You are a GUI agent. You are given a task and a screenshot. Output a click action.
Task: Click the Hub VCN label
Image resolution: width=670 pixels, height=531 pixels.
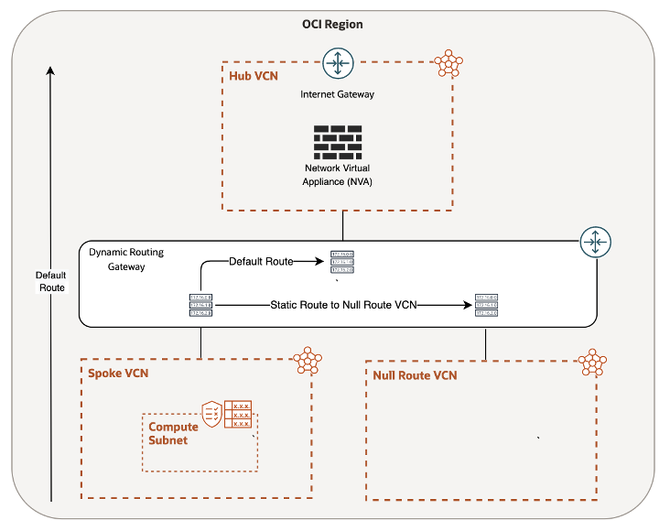[x=254, y=76]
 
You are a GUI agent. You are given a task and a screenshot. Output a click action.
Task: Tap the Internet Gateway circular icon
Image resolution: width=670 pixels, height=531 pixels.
[x=338, y=66]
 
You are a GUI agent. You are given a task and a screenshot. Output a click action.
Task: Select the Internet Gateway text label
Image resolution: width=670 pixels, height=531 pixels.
[x=338, y=94]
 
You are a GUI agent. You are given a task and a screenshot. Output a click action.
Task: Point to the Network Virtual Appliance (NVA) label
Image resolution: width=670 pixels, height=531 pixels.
[x=338, y=175]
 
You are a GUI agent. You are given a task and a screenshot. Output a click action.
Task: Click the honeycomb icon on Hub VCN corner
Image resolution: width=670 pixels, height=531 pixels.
[x=448, y=64]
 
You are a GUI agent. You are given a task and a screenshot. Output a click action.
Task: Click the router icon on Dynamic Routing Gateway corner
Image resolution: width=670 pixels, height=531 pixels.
[x=595, y=243]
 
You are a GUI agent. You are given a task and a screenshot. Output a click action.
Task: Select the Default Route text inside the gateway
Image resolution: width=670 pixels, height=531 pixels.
[x=260, y=262]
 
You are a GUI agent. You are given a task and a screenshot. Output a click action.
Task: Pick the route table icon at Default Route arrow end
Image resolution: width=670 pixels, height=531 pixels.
[x=342, y=262]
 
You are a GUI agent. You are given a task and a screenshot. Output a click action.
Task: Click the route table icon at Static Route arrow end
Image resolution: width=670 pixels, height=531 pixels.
[x=486, y=305]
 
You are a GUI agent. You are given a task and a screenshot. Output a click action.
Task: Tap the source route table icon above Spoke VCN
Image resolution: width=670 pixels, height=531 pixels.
[x=200, y=305]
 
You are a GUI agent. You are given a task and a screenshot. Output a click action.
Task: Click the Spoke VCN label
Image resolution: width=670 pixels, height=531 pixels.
[x=118, y=374]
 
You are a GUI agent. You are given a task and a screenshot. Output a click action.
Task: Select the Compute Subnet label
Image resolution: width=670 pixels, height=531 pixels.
[x=173, y=433]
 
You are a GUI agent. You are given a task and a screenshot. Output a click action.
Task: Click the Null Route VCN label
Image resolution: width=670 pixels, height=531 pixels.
[x=415, y=375]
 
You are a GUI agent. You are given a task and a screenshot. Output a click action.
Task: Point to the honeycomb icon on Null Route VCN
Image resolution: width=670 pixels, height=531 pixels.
[x=593, y=363]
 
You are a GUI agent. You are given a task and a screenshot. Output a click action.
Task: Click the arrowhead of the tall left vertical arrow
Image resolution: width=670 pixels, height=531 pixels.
[x=50, y=70]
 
